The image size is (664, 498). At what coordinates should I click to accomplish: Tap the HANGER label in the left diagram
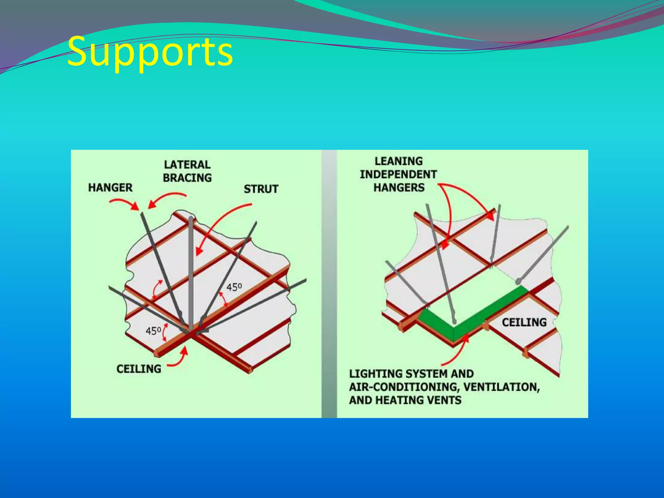pyautogui.click(x=111, y=188)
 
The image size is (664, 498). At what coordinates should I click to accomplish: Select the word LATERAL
pyautogui.click(x=187, y=165)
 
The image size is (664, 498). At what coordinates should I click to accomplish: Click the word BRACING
pyautogui.click(x=187, y=178)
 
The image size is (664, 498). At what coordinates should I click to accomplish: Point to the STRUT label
pyautogui.click(x=261, y=189)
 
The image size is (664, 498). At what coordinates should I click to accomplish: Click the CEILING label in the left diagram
pyautogui.click(x=139, y=369)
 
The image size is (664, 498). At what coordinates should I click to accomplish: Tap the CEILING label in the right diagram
pyautogui.click(x=524, y=322)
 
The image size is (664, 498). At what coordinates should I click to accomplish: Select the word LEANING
pyautogui.click(x=399, y=161)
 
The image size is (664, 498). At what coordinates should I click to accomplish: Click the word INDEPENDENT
pyautogui.click(x=398, y=174)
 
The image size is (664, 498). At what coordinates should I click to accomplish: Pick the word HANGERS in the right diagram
pyautogui.click(x=399, y=187)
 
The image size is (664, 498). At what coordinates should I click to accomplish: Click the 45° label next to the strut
pyautogui.click(x=234, y=287)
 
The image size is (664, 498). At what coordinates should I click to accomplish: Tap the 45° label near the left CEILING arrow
pyautogui.click(x=153, y=331)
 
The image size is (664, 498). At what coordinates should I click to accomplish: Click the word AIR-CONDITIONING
pyautogui.click(x=404, y=387)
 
